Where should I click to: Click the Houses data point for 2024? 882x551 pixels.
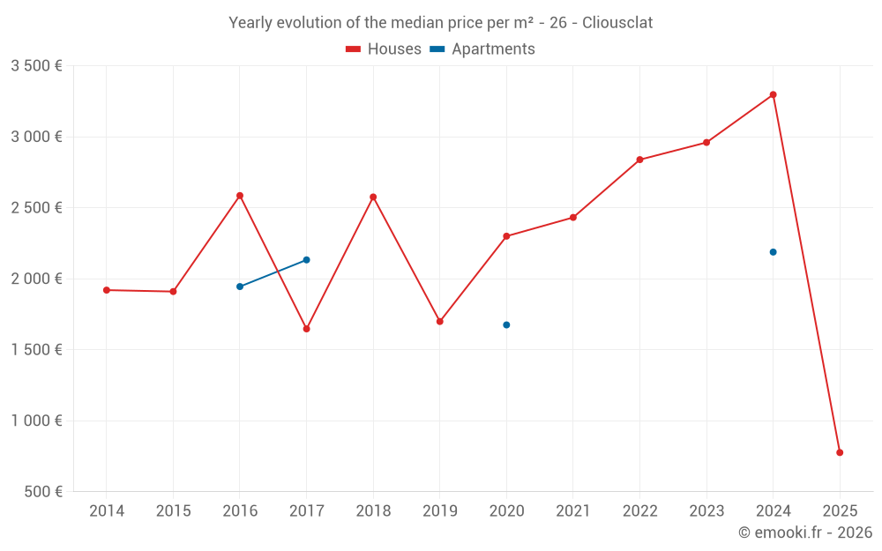point(773,94)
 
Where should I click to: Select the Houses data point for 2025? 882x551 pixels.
point(840,452)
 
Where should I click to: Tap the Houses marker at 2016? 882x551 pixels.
point(240,196)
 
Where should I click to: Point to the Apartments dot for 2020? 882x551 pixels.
point(506,324)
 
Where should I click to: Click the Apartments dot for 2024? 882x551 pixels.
point(773,252)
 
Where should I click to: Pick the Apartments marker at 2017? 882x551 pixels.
point(306,260)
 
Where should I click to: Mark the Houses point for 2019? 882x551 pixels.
point(439,321)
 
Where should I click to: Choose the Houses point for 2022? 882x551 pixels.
point(639,160)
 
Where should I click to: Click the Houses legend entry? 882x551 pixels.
point(384,49)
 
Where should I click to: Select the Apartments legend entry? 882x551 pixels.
point(482,49)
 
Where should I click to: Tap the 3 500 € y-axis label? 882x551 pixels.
point(36,66)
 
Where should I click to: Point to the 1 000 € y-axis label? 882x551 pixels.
point(36,421)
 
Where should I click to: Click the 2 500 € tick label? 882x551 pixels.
point(36,208)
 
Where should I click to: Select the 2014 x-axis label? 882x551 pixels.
point(107,511)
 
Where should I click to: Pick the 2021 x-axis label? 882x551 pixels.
point(572,511)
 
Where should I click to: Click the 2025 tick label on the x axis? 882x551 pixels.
point(840,511)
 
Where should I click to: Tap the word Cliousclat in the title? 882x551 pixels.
point(617,23)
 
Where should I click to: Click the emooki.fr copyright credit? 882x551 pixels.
point(805,532)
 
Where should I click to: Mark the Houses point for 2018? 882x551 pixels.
point(373,197)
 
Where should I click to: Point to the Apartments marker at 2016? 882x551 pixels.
point(240,287)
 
